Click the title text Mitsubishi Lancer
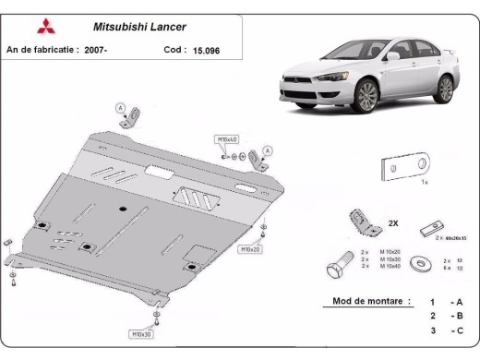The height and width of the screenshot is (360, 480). [139, 27]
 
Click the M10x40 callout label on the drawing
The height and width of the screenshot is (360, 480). [226, 138]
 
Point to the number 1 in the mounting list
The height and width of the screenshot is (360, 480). [431, 302]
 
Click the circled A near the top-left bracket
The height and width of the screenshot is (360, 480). [120, 108]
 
